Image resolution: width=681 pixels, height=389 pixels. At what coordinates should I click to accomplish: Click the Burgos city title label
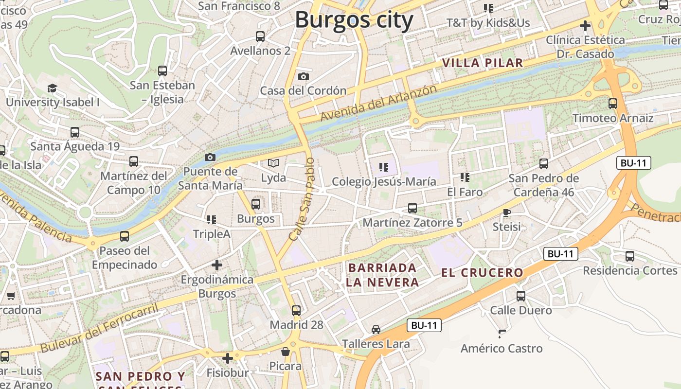pos(354,20)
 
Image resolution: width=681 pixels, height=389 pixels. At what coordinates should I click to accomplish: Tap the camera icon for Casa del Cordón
pos(303,76)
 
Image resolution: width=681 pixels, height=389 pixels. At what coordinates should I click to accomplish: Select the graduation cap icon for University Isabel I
pos(52,88)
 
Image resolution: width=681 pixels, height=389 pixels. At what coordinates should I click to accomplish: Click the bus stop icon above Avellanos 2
pos(260,36)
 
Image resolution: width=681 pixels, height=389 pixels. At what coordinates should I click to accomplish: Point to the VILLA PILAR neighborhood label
pos(483,63)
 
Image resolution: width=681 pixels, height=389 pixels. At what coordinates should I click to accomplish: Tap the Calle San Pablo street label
pos(302,199)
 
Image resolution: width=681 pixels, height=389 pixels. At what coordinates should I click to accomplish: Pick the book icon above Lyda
pos(273,163)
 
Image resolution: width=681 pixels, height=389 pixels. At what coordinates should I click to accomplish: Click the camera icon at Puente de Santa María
pos(210,157)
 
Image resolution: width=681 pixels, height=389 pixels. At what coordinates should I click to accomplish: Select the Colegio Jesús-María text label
pos(384,182)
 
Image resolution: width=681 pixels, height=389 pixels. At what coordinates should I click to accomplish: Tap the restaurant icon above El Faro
pos(465,177)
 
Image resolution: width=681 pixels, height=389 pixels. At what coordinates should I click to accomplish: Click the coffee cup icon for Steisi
pos(506,212)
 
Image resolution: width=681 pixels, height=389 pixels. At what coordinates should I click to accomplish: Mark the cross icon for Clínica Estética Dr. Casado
pos(585,25)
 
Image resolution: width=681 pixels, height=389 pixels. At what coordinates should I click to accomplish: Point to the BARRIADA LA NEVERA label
pos(382,275)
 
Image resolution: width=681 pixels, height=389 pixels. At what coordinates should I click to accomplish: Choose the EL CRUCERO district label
pos(482,273)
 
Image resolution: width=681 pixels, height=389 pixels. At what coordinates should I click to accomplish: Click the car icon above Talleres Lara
pos(376,330)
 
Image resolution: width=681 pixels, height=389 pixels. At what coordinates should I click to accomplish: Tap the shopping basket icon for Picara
pos(286,352)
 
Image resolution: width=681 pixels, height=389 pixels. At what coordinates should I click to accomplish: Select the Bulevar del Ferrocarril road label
pos(99,329)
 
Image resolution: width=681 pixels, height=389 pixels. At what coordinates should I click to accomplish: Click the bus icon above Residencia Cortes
pos(630,256)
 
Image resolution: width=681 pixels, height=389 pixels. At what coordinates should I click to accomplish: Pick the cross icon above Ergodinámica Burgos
pos(217,265)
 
